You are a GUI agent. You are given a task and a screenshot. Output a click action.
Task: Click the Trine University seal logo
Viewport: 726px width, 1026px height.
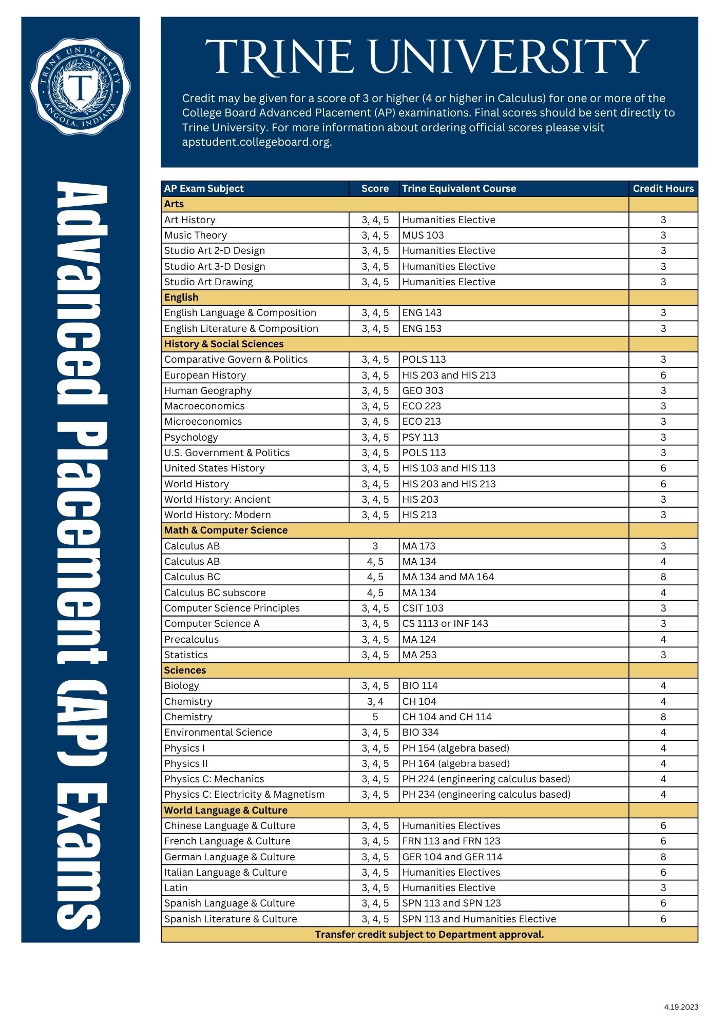80,87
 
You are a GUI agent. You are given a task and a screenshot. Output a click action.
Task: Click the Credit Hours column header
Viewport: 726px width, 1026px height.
663,188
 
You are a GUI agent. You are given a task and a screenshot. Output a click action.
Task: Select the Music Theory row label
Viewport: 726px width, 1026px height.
196,235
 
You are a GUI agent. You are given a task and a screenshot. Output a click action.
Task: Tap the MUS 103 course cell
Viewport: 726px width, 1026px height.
423,235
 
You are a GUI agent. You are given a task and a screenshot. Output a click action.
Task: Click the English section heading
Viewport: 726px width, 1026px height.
181,297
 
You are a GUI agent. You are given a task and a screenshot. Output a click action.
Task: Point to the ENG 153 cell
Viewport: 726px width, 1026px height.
422,328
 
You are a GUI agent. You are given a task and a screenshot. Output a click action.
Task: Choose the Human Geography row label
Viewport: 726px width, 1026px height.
208,390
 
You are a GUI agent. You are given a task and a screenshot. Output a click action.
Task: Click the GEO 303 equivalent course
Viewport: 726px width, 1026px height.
423,390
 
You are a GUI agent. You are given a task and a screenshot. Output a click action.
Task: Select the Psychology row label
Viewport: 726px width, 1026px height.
191,437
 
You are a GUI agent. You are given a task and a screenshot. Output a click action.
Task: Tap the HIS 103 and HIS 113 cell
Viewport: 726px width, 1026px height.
449,468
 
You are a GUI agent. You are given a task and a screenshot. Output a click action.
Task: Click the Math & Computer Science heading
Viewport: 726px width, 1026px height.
226,530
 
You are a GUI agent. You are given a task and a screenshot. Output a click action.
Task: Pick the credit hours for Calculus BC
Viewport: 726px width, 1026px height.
663,577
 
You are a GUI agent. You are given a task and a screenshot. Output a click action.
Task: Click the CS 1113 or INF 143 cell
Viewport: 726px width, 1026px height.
445,623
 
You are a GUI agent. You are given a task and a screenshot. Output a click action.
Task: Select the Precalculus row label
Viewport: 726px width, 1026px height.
192,639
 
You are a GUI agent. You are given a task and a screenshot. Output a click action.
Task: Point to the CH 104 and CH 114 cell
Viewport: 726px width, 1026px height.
447,717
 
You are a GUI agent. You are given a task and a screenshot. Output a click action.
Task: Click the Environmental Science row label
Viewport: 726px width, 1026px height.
218,732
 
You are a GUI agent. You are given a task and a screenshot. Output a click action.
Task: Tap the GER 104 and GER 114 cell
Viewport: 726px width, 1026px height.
452,857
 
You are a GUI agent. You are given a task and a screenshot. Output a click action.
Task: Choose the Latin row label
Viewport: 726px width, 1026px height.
176,887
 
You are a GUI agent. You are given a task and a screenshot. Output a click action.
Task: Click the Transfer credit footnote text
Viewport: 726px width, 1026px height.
429,934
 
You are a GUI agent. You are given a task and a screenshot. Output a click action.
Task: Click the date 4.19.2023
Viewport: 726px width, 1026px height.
681,1007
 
